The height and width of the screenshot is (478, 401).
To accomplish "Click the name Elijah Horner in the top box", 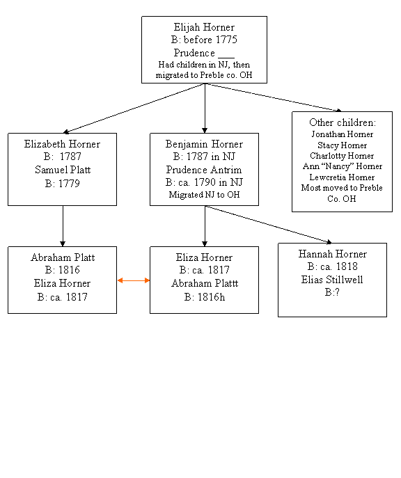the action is click(x=204, y=27).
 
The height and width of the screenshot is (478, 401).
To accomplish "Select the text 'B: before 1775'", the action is click(x=204, y=40).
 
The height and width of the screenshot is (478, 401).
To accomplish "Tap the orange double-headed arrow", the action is click(x=134, y=280).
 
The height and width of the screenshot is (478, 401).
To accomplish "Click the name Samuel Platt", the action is click(x=63, y=170).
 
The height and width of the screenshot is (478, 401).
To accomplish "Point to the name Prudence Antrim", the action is click(x=204, y=170).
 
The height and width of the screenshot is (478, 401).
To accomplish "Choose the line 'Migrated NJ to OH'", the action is click(x=204, y=195).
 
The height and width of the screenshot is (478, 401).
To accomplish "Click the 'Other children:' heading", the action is click(x=343, y=122).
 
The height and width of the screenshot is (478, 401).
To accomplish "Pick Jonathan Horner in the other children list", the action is click(x=342, y=134).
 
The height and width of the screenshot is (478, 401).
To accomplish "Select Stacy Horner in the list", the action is click(x=342, y=145).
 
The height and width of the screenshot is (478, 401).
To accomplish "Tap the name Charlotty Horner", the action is click(x=342, y=156).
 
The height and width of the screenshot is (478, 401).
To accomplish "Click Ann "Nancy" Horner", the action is click(x=342, y=166).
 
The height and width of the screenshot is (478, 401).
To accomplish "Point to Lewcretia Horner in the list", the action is click(x=342, y=177).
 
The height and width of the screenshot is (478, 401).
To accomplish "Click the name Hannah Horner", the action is click(x=332, y=254).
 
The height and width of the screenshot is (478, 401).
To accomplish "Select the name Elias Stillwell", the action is click(x=332, y=280).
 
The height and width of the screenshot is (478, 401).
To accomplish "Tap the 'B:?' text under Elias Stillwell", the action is click(x=332, y=292).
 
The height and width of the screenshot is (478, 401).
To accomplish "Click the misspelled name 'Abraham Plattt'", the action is click(x=205, y=283).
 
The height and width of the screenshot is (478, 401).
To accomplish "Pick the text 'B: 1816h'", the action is click(x=205, y=297).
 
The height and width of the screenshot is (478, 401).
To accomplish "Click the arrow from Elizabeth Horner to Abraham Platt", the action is click(x=63, y=226).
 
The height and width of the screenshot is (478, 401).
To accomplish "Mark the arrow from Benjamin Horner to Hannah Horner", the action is click(x=268, y=225).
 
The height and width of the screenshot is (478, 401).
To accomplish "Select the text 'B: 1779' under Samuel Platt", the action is click(x=63, y=184).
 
